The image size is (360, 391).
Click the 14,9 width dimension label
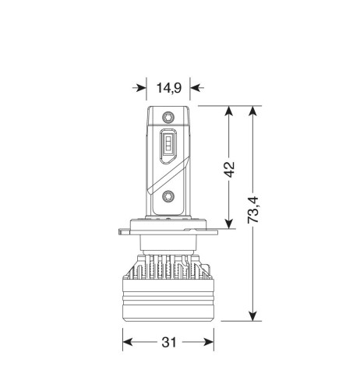click(168, 88)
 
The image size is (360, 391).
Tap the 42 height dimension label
click(229, 170)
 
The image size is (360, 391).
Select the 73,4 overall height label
click(253, 210)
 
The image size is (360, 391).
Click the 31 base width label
click(169, 342)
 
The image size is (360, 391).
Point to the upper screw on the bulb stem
click(168, 117)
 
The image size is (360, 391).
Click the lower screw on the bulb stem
click(168, 196)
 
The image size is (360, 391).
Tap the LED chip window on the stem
click(168, 146)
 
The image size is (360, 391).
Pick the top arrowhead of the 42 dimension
click(228, 112)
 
